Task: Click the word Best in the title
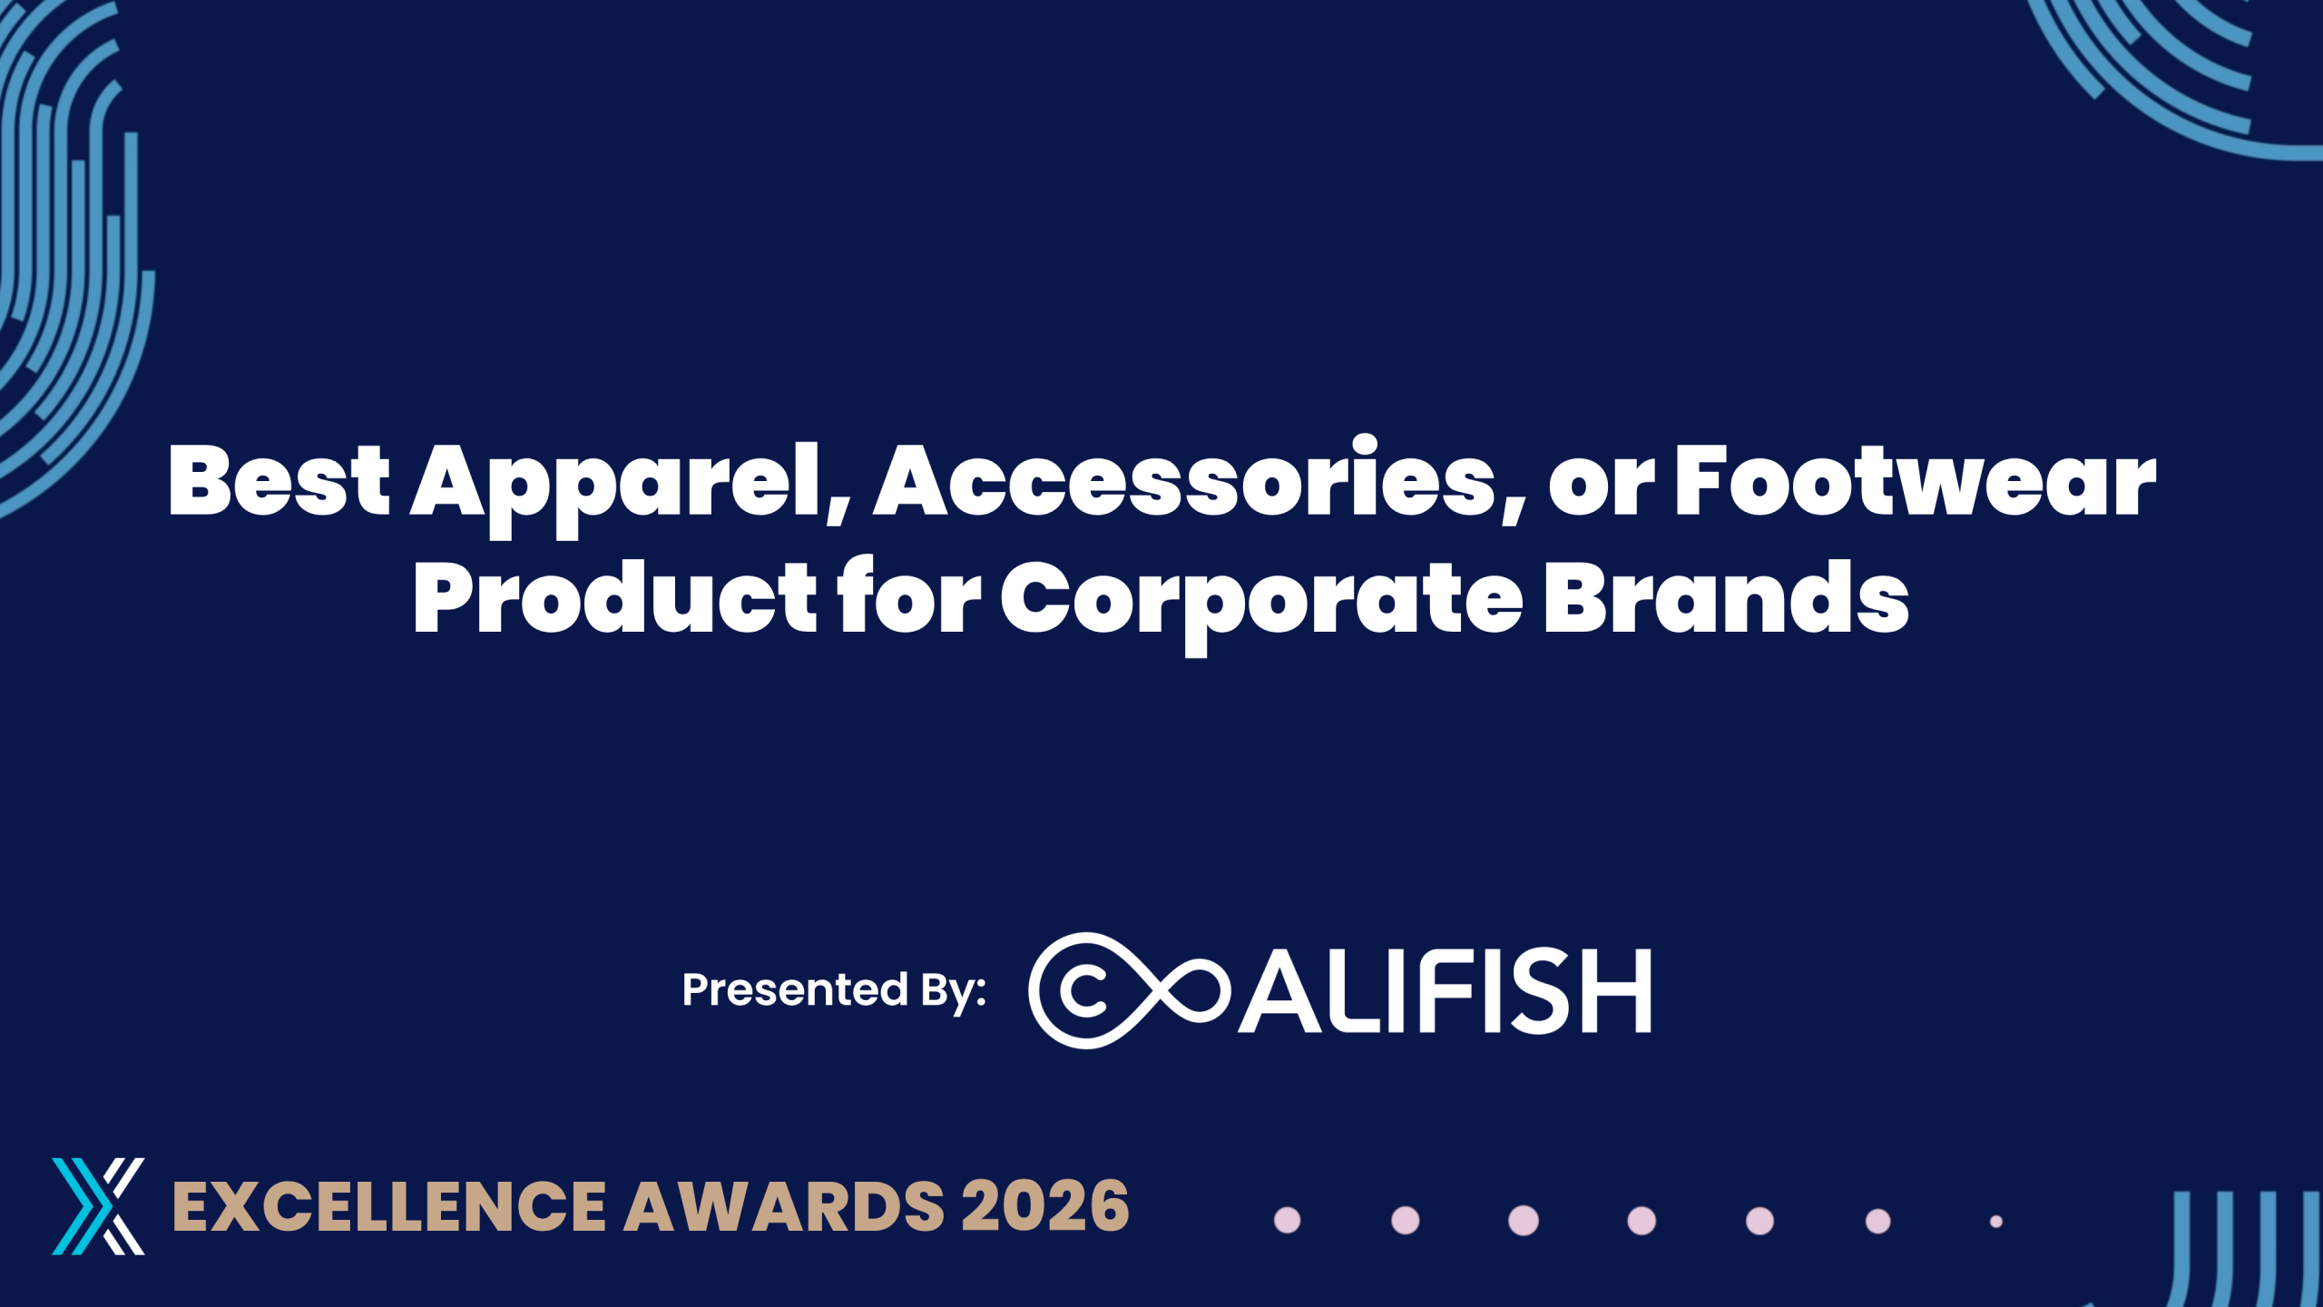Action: [x=279, y=480]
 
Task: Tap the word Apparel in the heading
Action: [x=631, y=486]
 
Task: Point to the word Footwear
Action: [x=1915, y=480]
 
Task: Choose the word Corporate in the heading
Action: [x=1261, y=603]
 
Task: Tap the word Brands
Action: [x=1726, y=595]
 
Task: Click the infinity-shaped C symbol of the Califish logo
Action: [x=1128, y=990]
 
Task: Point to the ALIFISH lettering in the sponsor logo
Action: [x=1445, y=990]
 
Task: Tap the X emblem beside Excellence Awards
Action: [x=98, y=1206]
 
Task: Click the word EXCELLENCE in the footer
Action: [x=388, y=1206]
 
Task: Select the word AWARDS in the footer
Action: [x=785, y=1206]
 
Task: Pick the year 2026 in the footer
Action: [x=1045, y=1206]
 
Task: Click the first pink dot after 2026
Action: [x=1288, y=1220]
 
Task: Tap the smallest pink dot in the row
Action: [x=1996, y=1222]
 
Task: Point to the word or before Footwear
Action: [x=1603, y=488]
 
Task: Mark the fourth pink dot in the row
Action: [x=1642, y=1221]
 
